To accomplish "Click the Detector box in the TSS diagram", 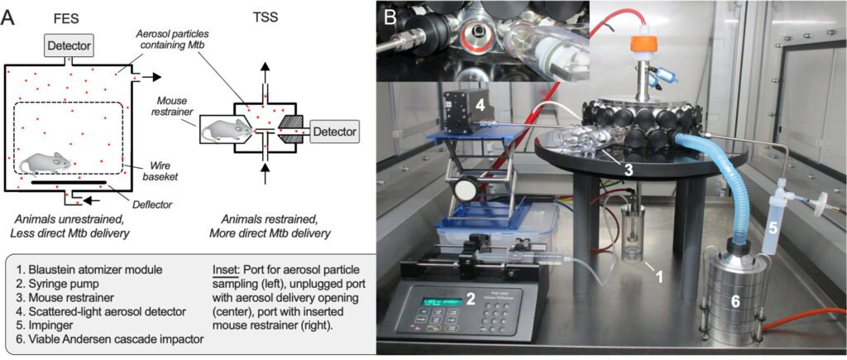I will pyautogui.click(x=335, y=130).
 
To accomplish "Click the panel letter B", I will pyautogui.click(x=390, y=14).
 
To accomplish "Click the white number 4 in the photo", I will pyautogui.click(x=481, y=105).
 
